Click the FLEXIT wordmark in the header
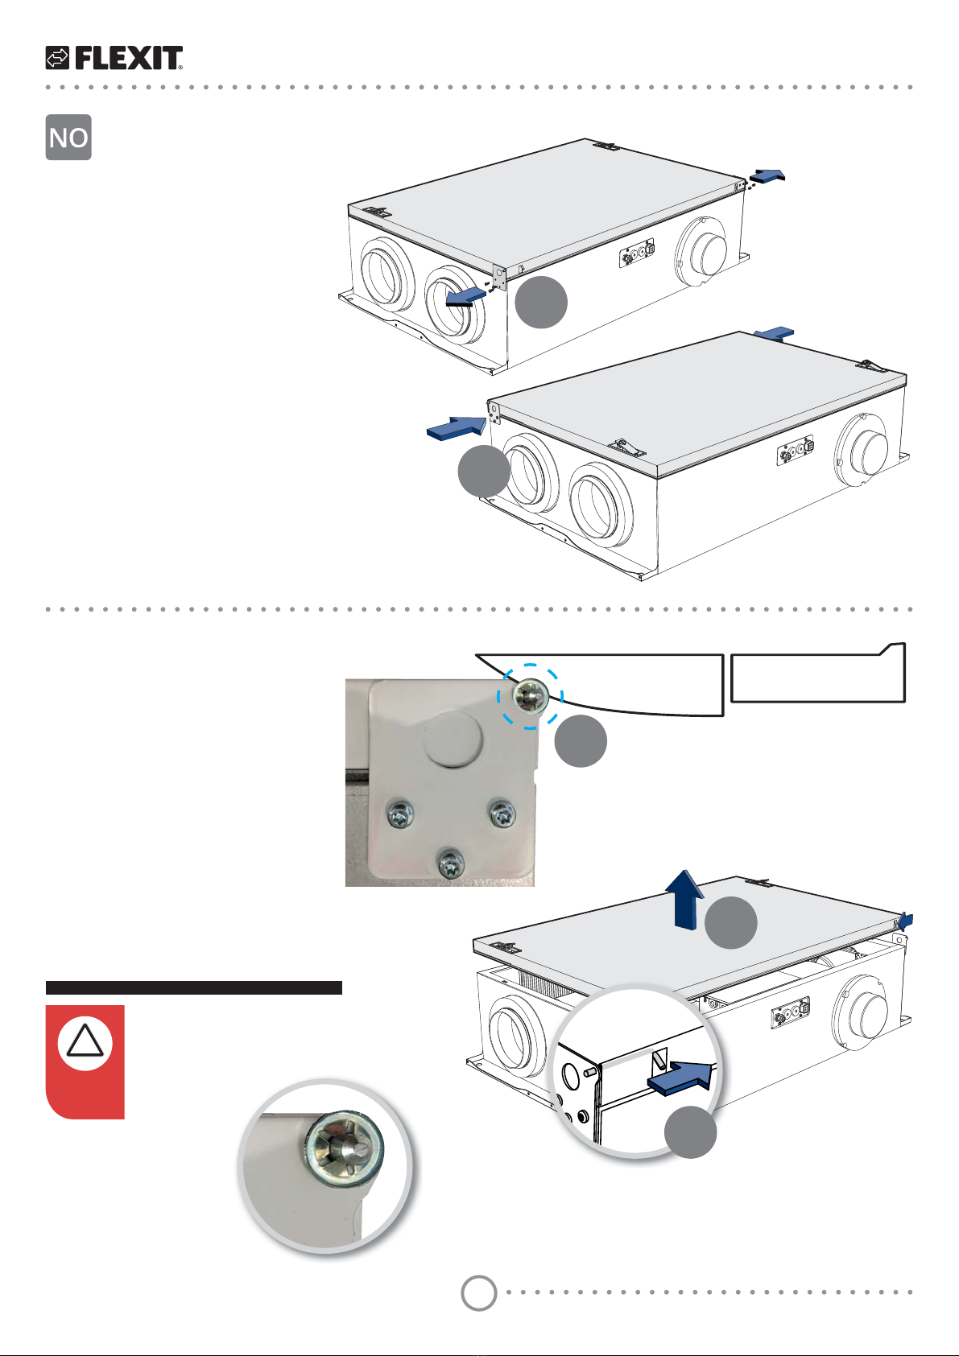pos(129,58)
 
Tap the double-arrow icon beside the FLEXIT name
pos(57,58)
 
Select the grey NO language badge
pos(68,138)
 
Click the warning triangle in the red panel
pos(85,1041)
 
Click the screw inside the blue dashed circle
pos(530,696)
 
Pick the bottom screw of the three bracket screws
pos(451,863)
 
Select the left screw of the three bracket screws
pos(400,815)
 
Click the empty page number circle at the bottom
pos(478,1292)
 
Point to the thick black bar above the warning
pos(194,987)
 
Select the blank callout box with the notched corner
pos(818,673)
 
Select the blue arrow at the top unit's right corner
pos(767,175)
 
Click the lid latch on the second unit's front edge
pos(627,447)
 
